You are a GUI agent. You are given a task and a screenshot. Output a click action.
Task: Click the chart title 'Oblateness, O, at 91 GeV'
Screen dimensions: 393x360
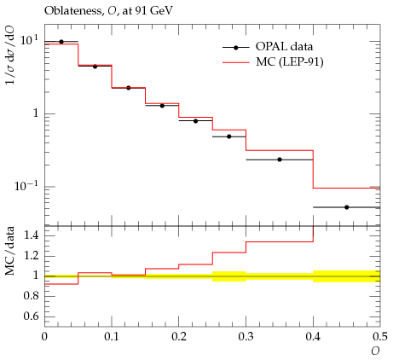(x=108, y=11)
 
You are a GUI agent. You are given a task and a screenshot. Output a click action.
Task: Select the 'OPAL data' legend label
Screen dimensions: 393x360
(x=284, y=46)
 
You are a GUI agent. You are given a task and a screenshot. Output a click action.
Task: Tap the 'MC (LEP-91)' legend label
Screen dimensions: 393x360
(x=290, y=61)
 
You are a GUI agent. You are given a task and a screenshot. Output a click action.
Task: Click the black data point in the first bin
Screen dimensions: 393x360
(x=61, y=42)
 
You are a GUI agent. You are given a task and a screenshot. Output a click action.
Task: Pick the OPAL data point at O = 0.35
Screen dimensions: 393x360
(x=280, y=160)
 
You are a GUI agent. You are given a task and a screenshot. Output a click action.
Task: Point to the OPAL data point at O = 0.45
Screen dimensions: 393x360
(x=346, y=207)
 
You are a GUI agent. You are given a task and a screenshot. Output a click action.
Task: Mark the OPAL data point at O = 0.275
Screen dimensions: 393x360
(x=229, y=136)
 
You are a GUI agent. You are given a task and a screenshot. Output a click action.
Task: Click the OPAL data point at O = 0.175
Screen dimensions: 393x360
(x=162, y=106)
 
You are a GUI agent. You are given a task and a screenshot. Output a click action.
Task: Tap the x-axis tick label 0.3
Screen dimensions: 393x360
(x=246, y=337)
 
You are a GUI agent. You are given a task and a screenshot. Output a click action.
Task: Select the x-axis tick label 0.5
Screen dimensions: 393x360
(x=380, y=337)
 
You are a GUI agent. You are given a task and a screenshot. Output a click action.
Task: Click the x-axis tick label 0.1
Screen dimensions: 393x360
(x=112, y=337)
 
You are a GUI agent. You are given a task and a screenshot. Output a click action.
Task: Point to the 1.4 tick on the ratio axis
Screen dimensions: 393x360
(x=32, y=235)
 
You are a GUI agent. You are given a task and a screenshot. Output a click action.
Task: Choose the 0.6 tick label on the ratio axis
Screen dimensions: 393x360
(x=32, y=316)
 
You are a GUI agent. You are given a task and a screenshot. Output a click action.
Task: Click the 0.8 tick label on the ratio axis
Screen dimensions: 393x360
(x=32, y=296)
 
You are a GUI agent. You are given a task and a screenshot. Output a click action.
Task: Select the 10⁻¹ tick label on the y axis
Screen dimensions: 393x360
(x=26, y=186)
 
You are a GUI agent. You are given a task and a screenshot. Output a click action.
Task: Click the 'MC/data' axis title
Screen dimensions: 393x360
(x=10, y=251)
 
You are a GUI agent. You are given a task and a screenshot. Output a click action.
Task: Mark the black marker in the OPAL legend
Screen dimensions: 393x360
(x=235, y=48)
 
